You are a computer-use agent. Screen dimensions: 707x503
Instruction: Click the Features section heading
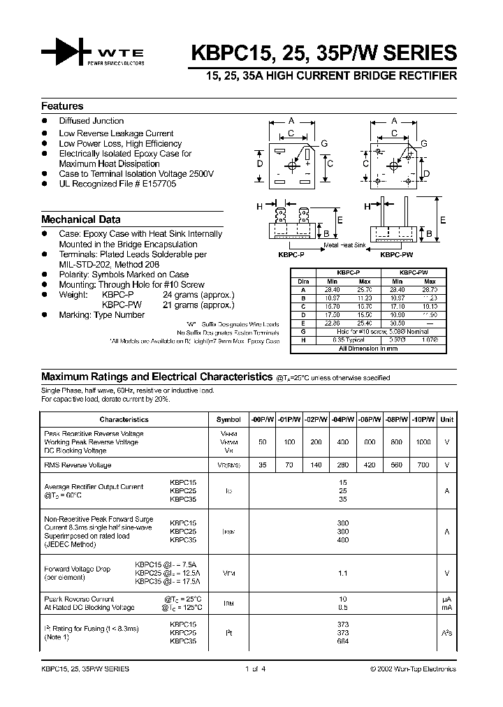62,106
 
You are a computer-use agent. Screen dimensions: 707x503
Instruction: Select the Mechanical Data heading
80,219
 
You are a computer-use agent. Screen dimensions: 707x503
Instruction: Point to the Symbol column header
228,419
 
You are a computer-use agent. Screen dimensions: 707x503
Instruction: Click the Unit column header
446,419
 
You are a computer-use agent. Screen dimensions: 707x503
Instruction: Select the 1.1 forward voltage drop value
342,573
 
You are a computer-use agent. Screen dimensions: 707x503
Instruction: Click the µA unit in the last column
446,599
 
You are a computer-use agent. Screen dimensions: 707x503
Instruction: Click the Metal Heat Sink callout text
345,246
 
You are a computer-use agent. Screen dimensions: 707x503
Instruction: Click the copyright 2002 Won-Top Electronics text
413,669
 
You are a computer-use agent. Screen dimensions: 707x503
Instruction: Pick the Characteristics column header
124,419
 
